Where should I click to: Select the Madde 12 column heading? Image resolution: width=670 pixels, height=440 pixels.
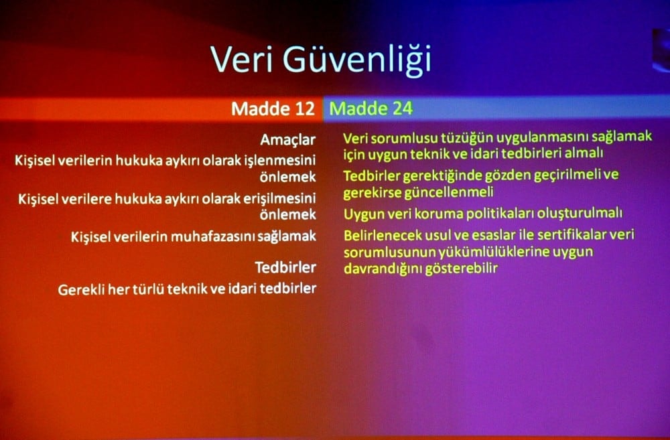pyautogui.click(x=273, y=108)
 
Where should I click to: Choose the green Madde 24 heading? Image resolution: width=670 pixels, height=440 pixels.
pyautogui.click(x=371, y=108)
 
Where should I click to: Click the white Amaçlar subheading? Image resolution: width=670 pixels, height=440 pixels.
pyautogui.click(x=288, y=141)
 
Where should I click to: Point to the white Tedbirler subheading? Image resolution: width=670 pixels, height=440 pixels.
pyautogui.click(x=285, y=268)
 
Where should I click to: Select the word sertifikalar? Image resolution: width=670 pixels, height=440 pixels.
pyautogui.click(x=568, y=236)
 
